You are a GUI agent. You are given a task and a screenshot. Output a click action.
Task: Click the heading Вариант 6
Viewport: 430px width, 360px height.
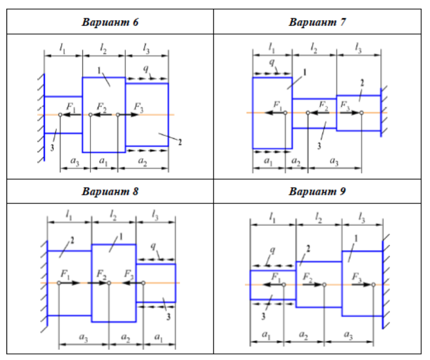110,22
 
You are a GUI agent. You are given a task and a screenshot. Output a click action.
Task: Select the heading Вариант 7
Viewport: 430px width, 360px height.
318,22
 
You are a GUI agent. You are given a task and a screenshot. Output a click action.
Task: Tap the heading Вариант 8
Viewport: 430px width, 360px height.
110,191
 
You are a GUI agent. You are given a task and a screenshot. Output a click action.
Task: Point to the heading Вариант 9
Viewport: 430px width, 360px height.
318,191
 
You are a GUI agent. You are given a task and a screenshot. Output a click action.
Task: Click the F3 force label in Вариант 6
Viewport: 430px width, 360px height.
139,106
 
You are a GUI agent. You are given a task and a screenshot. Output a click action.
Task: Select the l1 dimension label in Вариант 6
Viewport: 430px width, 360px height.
62,48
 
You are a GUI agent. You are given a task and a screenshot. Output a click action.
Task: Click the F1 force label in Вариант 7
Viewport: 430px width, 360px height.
278,104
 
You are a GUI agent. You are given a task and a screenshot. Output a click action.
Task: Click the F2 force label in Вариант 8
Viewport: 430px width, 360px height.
101,274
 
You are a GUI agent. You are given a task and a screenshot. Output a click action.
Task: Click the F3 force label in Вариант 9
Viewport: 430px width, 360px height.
357,276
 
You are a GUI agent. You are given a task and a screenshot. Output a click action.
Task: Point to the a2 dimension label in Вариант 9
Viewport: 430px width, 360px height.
303,335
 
